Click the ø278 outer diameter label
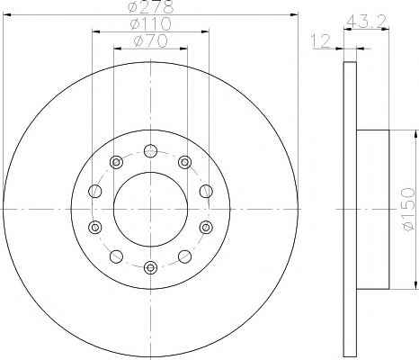[150, 8]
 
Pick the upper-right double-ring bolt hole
[184, 161]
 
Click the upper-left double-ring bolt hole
[116, 161]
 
